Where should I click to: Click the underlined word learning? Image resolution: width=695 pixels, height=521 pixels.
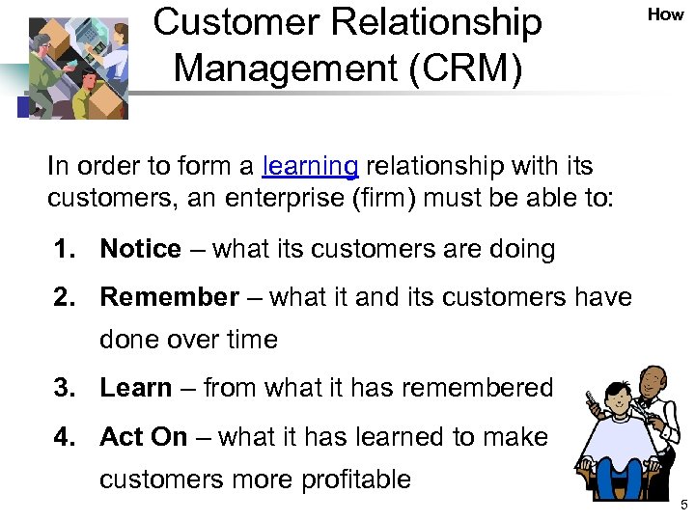pyautogui.click(x=310, y=167)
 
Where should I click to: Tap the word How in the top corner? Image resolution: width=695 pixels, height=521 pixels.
pyautogui.click(x=665, y=14)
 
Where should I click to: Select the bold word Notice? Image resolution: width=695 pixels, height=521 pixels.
pyautogui.click(x=140, y=249)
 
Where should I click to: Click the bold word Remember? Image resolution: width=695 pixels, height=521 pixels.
pyautogui.click(x=169, y=297)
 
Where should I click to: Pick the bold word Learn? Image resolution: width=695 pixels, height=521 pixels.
pyautogui.click(x=135, y=388)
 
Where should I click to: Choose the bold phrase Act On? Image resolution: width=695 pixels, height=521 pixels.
pyautogui.click(x=143, y=436)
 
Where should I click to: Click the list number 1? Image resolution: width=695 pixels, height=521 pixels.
pyautogui.click(x=64, y=249)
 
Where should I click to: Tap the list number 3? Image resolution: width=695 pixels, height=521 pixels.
pyautogui.click(x=64, y=388)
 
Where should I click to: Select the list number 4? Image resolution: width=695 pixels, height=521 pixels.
pyautogui.click(x=64, y=436)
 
